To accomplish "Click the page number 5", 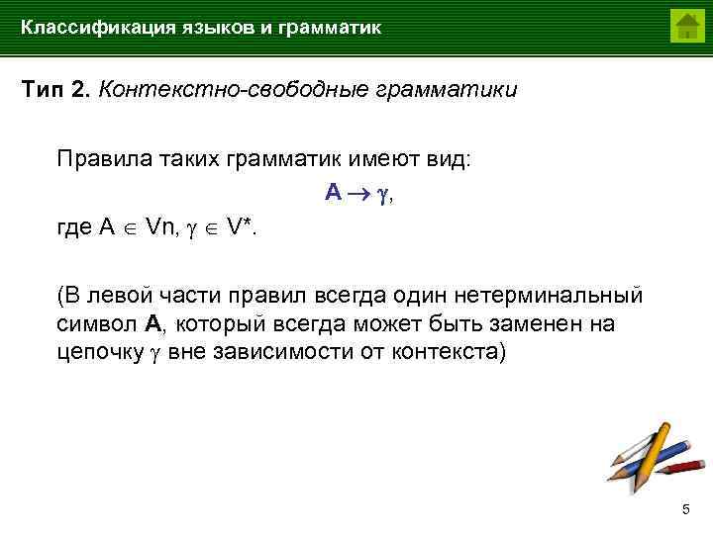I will (685, 509).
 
